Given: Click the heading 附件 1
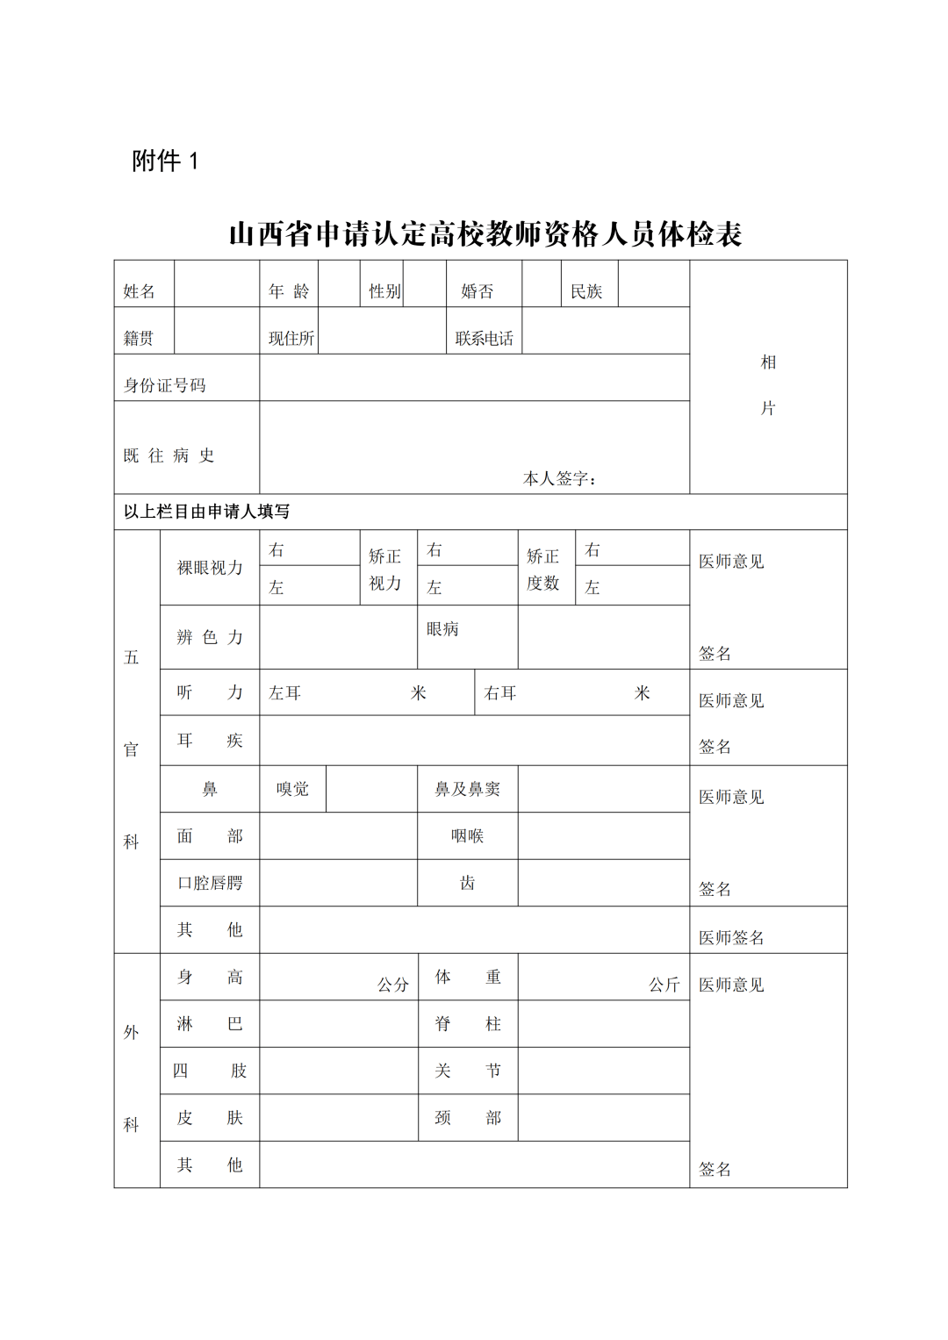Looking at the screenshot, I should coord(165,161).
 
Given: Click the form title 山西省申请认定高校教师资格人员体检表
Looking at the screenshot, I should coord(485,233).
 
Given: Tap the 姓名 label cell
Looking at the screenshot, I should coord(139,291).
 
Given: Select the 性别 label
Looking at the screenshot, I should coord(384,291).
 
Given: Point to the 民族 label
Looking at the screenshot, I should coord(586,291).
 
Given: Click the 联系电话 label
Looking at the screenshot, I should coord(484,339).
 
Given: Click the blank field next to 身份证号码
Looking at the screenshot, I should coord(474,378).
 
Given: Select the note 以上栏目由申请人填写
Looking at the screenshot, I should coord(206,512).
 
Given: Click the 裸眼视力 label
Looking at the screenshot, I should coord(210,568).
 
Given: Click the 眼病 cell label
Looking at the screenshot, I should coord(442,629).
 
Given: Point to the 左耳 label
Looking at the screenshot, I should coord(284,693).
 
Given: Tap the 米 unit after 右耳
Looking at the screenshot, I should coord(643,693).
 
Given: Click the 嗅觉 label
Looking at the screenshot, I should coord(292,789).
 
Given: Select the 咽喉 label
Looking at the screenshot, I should coord(467,836).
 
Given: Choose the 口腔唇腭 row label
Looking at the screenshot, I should coord(210,883).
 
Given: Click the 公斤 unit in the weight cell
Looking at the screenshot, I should coord(664,985).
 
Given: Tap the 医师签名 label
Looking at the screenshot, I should coord(731,937).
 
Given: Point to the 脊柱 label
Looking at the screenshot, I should coord(467,1024).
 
